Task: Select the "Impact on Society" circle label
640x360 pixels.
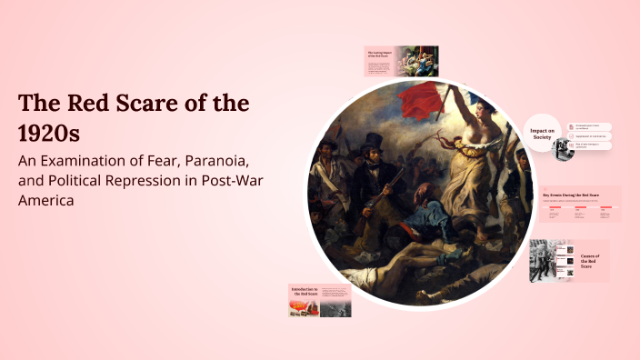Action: [543, 135]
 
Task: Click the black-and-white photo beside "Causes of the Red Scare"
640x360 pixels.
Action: [545, 261]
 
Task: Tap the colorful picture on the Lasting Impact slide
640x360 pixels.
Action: [421, 61]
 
